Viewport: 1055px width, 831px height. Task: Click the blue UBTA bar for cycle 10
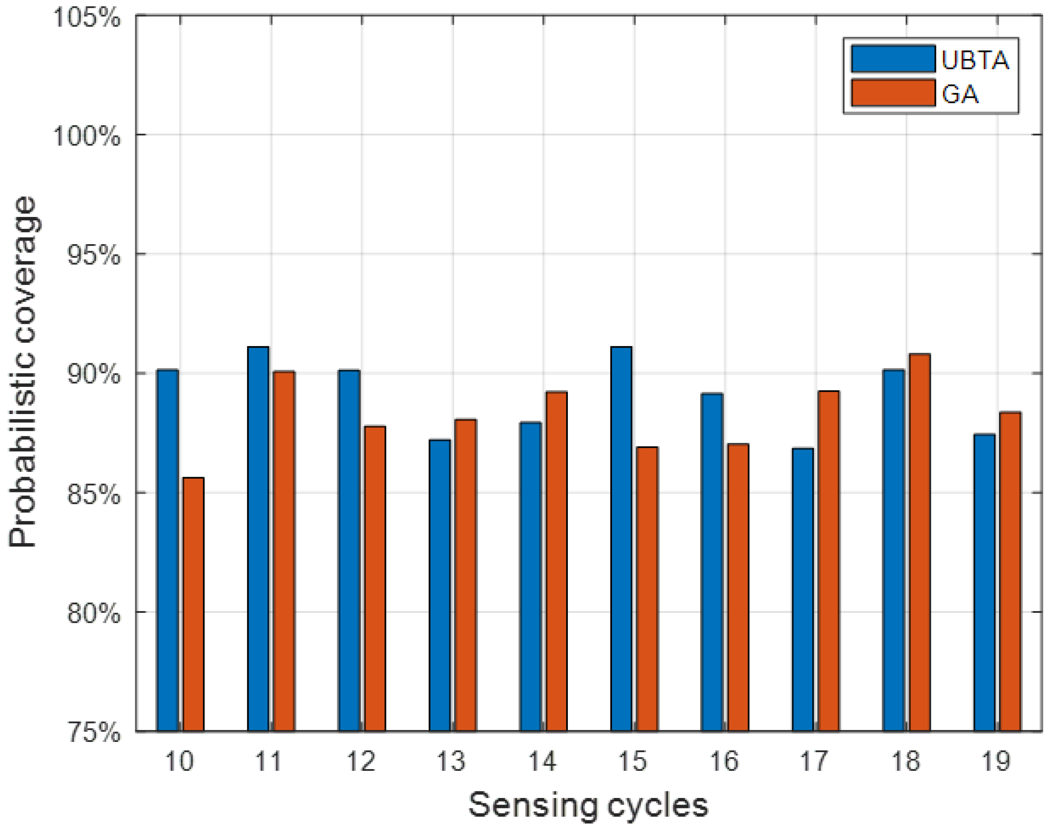(167, 550)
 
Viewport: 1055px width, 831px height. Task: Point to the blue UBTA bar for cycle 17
(802, 589)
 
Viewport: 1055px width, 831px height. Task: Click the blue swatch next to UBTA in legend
(893, 59)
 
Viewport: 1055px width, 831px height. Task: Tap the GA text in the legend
(960, 94)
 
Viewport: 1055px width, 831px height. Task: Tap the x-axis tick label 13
(452, 761)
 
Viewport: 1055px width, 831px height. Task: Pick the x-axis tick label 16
(724, 761)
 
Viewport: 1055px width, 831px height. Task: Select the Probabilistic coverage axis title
(23, 372)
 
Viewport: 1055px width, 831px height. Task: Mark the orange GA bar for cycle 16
(738, 587)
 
